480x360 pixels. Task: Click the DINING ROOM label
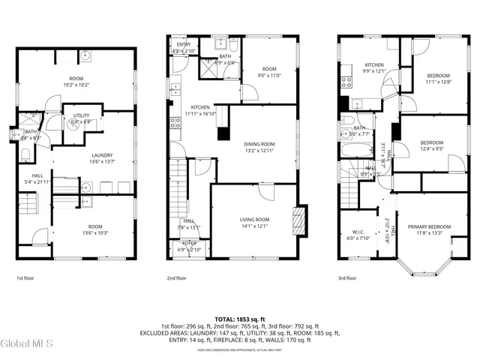[259, 144]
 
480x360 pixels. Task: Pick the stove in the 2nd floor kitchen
[175, 124]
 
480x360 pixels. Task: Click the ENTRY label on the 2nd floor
[184, 45]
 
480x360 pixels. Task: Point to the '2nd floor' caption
[177, 278]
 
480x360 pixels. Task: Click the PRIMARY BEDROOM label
[429, 226]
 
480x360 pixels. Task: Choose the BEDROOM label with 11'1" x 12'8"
[438, 76]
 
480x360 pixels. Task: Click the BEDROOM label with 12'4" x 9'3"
[431, 142]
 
